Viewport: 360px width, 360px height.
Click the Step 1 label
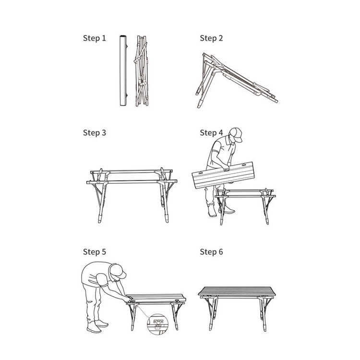pos(95,38)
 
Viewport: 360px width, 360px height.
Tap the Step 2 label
pos(211,38)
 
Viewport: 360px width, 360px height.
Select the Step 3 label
pos(95,132)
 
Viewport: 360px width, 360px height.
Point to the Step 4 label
pos(211,132)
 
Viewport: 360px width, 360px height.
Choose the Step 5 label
pos(95,252)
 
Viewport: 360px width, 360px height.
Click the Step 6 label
pos(211,252)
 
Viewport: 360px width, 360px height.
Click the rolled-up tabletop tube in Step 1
pos(123,70)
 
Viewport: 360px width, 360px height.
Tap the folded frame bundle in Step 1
pos(142,71)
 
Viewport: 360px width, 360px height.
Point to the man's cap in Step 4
pos(237,134)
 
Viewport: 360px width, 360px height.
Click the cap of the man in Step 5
pos(118,271)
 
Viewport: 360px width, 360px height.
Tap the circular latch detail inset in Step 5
pos(157,324)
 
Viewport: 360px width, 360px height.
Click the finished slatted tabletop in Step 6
pos(237,291)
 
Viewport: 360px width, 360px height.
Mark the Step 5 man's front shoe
pos(94,328)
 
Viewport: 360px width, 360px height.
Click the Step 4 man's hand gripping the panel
pos(227,168)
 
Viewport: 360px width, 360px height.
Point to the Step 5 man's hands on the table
pos(129,300)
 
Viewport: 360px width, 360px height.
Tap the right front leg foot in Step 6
pos(264,327)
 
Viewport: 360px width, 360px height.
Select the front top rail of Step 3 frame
pos(132,182)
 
